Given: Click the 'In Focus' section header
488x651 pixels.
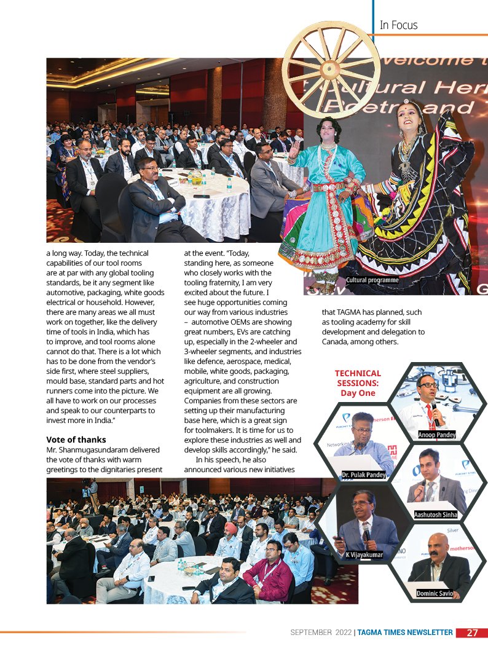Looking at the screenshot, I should [398, 25].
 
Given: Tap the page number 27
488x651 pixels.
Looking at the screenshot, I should [472, 633].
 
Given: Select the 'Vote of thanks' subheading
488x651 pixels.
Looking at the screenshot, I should [76, 440].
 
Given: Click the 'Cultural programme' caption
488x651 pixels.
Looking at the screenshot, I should [372, 280].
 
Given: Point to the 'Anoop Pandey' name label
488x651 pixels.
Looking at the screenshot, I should [437, 435].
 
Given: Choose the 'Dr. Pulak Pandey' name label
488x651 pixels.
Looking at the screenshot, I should [364, 474].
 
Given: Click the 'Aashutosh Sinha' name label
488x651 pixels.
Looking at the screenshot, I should [436, 514].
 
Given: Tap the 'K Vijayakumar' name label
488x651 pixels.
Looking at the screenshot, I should [364, 554].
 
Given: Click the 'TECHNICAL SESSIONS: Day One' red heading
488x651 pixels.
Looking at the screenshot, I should [358, 383].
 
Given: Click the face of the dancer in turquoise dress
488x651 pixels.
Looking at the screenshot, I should [329, 131].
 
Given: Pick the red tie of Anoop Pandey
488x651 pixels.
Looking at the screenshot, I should [429, 412].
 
